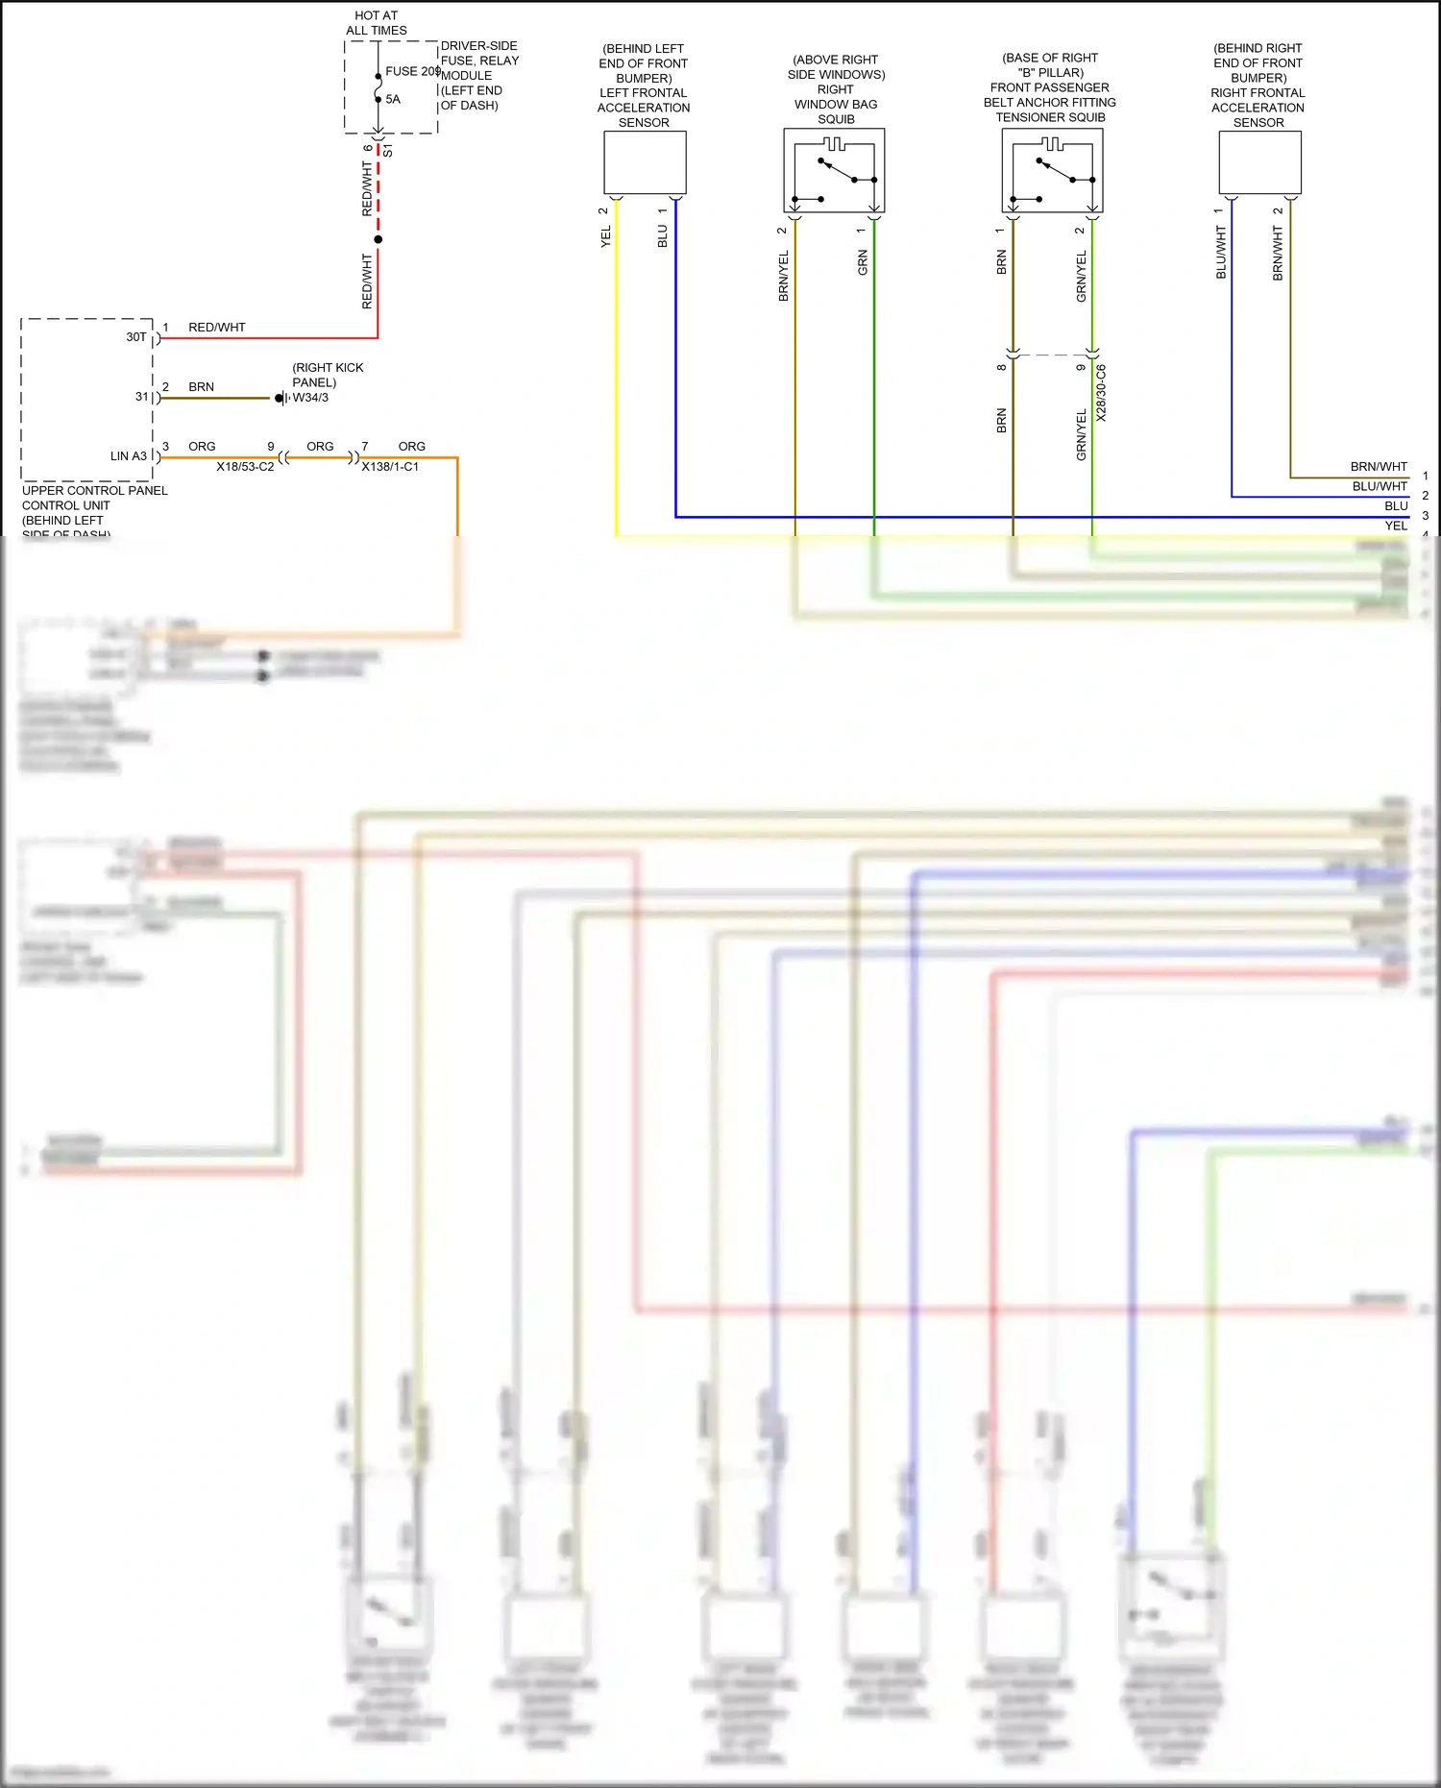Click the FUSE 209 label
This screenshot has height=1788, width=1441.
pos(412,71)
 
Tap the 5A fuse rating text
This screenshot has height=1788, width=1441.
pos(393,99)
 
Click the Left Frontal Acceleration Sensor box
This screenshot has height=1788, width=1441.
pos(645,163)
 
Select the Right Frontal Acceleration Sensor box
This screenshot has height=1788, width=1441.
pos(1259,163)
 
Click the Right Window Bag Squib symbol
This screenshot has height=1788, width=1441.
pos(834,171)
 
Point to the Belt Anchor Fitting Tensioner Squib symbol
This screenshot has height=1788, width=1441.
pos(1052,171)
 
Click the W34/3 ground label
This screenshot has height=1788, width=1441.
pos(310,398)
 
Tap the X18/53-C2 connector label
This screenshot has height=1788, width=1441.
pos(245,467)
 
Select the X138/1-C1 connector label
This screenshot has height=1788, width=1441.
pos(390,467)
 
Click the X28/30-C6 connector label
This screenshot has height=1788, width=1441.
pos(1102,393)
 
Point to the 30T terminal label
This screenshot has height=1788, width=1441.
pos(136,337)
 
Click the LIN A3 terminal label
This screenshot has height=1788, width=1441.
pos(129,456)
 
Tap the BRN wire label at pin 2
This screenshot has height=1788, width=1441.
pos(201,387)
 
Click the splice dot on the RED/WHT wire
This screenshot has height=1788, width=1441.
pos(379,239)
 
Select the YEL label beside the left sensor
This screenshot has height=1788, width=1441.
pos(606,236)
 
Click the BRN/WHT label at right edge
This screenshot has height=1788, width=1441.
pos(1379,467)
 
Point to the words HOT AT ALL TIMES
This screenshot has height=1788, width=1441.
pos(377,23)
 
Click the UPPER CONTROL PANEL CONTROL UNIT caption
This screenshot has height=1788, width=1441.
pos(94,498)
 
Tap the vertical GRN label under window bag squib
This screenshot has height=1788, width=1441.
pos(863,262)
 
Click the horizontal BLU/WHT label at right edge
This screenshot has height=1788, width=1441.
pos(1380,487)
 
